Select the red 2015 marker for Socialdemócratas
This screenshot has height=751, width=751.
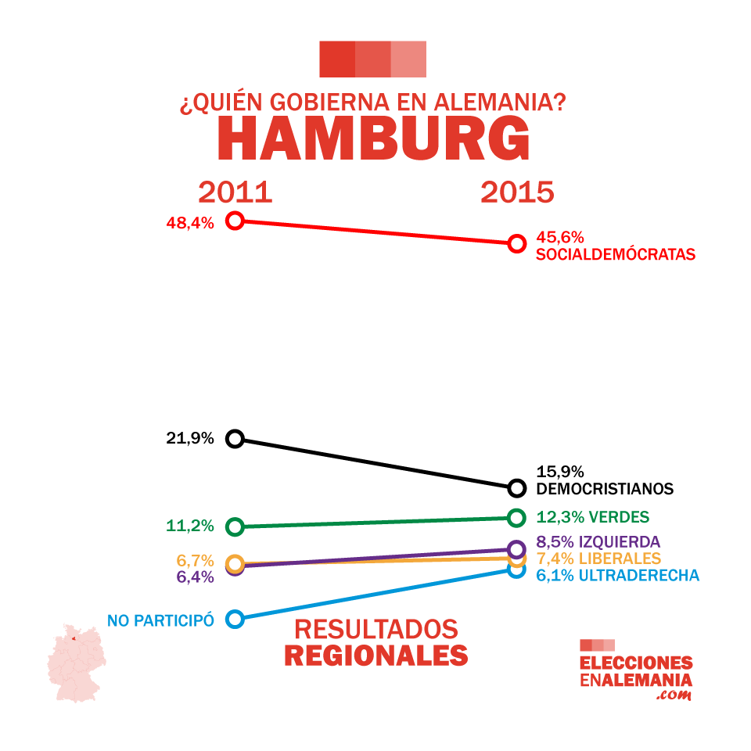point(516,243)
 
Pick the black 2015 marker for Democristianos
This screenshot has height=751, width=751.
point(516,488)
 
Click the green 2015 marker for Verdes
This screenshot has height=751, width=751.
point(516,517)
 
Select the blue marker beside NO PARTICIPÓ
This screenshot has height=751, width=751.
point(235,619)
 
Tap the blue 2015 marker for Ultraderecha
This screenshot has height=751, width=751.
point(516,570)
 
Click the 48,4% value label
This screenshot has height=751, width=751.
point(190,223)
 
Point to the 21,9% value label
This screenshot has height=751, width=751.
point(190,438)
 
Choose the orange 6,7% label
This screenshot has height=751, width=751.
point(195,560)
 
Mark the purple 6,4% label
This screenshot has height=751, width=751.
point(195,577)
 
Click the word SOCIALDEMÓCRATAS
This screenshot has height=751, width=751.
point(616,254)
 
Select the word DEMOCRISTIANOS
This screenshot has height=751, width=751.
point(605,489)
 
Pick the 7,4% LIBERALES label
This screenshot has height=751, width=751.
point(598,559)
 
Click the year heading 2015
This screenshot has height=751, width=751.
point(517,192)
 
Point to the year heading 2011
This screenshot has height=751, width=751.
point(235,192)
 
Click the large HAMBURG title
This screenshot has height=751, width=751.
point(373,139)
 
